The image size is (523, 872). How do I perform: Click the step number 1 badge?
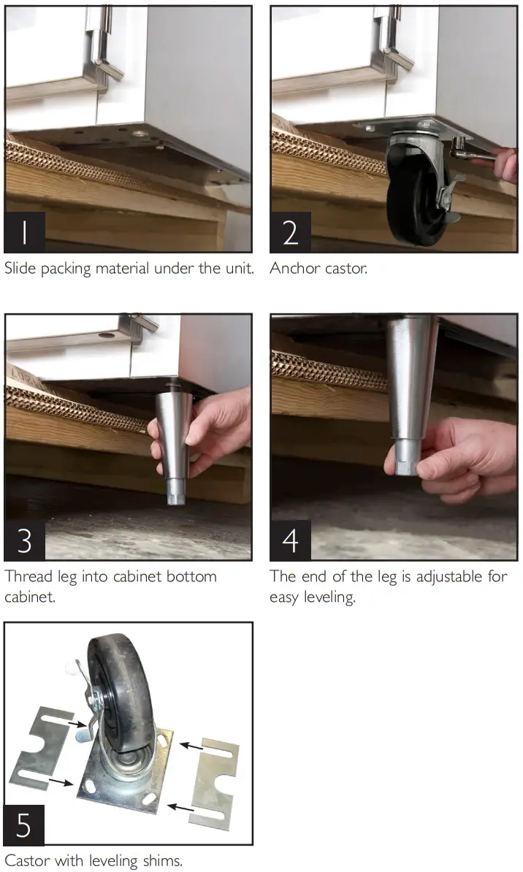tap(25, 232)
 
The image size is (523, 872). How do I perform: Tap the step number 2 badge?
tap(291, 232)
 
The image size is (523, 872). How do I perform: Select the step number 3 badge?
tap(25, 540)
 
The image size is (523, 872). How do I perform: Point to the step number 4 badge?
tap(291, 540)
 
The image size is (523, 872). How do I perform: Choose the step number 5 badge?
tap(24, 825)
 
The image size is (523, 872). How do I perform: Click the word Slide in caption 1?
tap(20, 268)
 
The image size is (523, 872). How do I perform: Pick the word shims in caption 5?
tap(162, 861)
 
